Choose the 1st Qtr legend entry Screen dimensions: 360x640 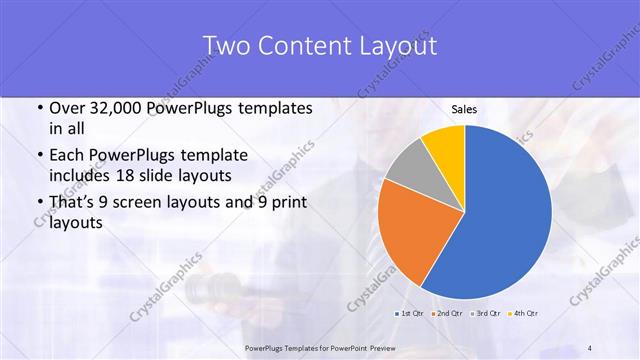[409, 313]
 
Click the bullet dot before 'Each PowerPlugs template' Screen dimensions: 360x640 [38, 155]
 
